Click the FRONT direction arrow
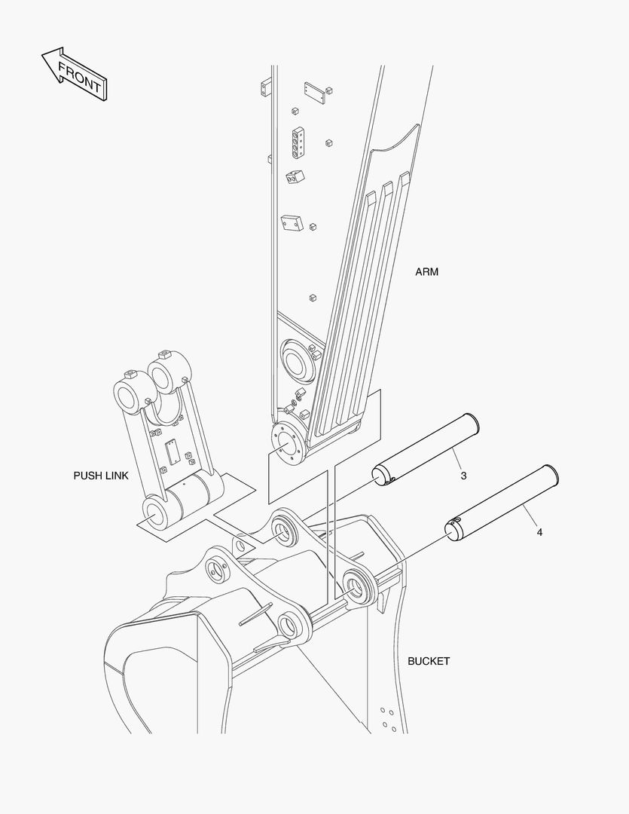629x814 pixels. pyautogui.click(x=74, y=74)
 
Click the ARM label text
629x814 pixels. pyautogui.click(x=426, y=271)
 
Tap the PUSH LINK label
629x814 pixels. pyautogui.click(x=101, y=476)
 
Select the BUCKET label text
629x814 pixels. pyautogui.click(x=429, y=661)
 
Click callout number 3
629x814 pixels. pyautogui.click(x=463, y=476)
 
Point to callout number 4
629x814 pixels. pyautogui.click(x=540, y=532)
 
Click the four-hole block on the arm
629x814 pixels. pyautogui.click(x=298, y=142)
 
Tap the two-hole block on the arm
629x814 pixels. pyautogui.click(x=295, y=177)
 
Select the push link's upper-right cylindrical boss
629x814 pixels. pyautogui.click(x=168, y=373)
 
